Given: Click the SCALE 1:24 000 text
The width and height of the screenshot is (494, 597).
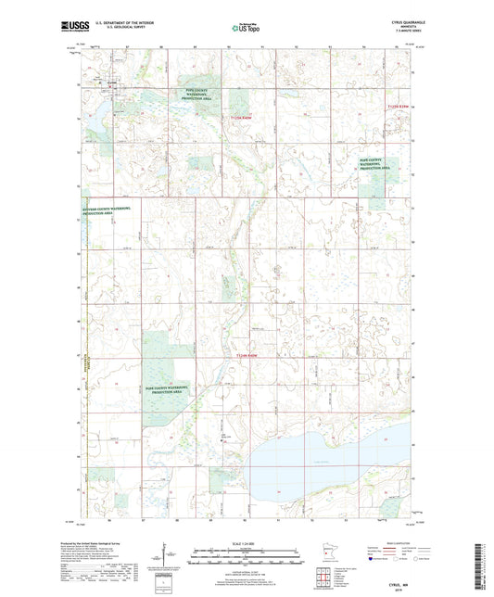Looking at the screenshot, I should [246, 543].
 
